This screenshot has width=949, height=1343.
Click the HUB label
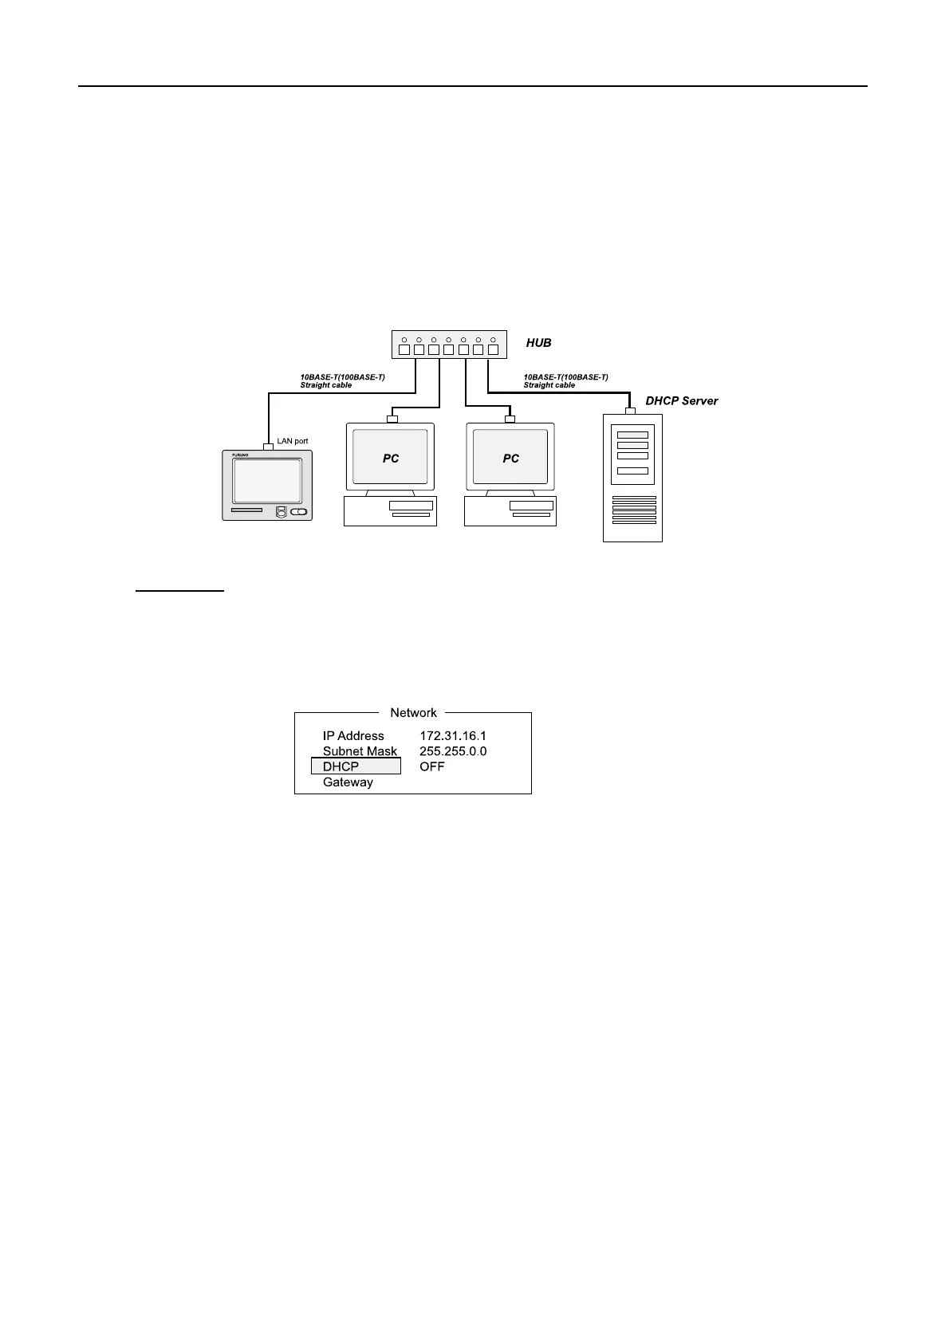coord(538,343)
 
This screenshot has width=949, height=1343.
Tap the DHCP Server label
coord(681,401)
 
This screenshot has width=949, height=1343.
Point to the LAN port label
coord(292,441)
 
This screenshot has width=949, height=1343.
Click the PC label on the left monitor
coord(391,459)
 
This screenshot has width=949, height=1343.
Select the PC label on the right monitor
coord(510,459)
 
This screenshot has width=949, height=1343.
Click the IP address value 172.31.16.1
coord(452,736)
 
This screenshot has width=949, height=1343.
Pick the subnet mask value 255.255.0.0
coord(452,751)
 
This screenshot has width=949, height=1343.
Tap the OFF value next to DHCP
coord(431,766)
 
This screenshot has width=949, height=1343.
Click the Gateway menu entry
coord(348,782)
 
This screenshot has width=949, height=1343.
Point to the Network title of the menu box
coord(413,713)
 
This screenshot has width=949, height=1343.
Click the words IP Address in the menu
coord(353,736)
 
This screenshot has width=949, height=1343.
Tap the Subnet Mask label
coord(360,751)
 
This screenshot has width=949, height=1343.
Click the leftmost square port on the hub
coord(404,349)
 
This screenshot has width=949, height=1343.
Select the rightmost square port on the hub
coord(493,349)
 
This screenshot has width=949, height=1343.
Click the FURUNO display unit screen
coord(267,481)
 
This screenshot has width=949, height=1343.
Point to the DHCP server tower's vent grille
coord(634,510)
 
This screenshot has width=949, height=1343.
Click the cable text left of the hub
coord(342,381)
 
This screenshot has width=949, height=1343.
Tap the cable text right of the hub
coord(565,381)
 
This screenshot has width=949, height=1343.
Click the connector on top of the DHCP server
coord(630,412)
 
